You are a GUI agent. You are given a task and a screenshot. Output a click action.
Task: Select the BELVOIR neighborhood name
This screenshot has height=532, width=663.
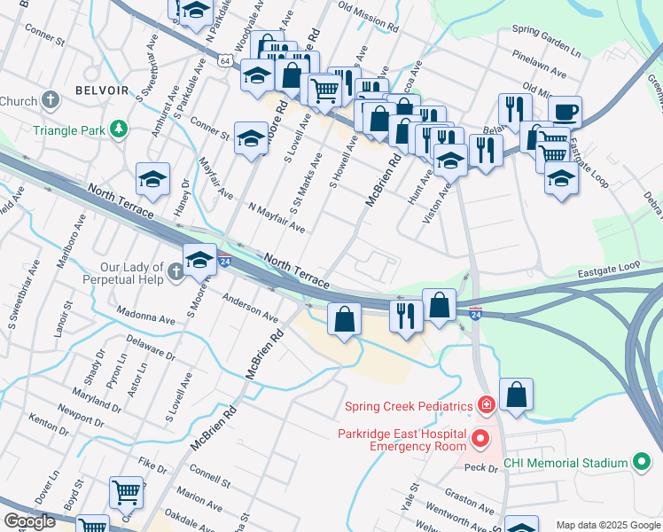click(102, 90)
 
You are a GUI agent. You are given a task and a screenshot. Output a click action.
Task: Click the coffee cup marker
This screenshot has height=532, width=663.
click(565, 113)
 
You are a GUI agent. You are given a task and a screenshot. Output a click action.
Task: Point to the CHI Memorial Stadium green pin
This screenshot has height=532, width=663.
click(640, 462)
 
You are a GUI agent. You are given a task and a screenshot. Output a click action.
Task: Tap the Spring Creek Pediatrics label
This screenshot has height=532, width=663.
click(408, 407)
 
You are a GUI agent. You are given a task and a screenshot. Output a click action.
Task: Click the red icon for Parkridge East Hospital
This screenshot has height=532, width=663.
click(480, 439)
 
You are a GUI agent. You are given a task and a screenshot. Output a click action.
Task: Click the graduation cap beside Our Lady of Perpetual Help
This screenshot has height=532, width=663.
click(199, 260)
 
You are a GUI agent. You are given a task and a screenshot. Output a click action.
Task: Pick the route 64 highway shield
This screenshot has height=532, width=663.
click(227, 60)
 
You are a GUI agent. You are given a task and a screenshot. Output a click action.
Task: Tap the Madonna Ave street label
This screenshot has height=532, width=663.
click(147, 318)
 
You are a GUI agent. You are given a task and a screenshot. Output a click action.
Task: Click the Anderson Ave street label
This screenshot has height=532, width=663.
click(250, 306)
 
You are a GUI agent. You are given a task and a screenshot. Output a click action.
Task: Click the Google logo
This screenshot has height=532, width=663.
click(29, 522)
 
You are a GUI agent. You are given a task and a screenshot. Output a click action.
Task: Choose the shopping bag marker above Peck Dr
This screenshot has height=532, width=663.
click(516, 395)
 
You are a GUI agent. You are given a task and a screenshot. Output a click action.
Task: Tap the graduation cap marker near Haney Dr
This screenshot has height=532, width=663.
click(152, 180)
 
